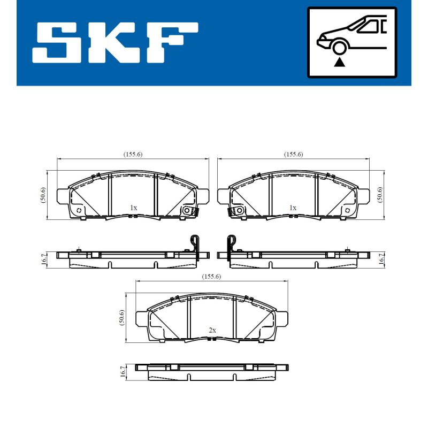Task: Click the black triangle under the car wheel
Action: (x=338, y=63)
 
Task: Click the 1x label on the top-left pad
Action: (x=133, y=208)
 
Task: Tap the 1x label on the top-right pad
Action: (x=293, y=208)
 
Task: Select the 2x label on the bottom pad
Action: (x=212, y=331)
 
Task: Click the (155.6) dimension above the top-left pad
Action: (x=133, y=154)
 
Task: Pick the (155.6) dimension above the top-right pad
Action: (x=293, y=154)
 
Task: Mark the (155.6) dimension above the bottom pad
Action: (x=212, y=277)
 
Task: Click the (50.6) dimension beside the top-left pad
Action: (x=43, y=195)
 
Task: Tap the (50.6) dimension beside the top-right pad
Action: (x=380, y=195)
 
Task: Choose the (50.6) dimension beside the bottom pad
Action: (x=121, y=317)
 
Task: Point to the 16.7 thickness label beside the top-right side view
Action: (x=380, y=259)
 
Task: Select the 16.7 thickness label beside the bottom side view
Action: (x=123, y=372)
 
